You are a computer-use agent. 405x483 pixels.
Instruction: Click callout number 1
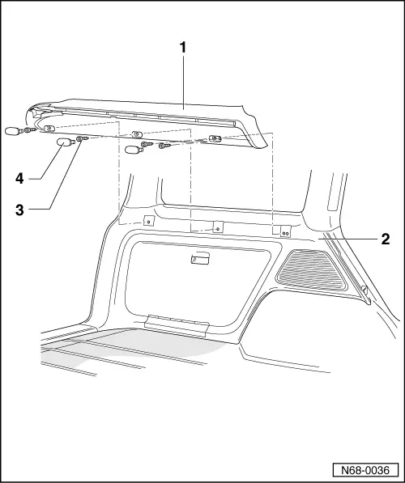pyautogui.click(x=184, y=48)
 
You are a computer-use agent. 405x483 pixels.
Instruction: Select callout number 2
pyautogui.click(x=386, y=239)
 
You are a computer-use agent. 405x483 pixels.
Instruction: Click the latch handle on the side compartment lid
pyautogui.click(x=198, y=260)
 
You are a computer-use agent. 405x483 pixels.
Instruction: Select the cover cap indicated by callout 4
pyautogui.click(x=64, y=143)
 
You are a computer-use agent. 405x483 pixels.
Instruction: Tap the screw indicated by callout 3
pyautogui.click(x=82, y=140)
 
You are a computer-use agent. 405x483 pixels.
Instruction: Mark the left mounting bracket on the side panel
pyautogui.click(x=148, y=221)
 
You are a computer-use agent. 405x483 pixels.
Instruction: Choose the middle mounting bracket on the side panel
pyautogui.click(x=217, y=227)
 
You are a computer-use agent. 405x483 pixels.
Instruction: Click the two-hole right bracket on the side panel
pyautogui.click(x=286, y=231)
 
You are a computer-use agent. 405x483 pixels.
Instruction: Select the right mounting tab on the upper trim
pyautogui.click(x=215, y=139)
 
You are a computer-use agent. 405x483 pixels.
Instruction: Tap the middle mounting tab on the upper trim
pyautogui.click(x=136, y=133)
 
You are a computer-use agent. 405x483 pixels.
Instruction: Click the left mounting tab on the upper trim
pyautogui.click(x=50, y=128)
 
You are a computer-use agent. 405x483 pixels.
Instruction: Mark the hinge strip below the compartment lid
pyautogui.click(x=177, y=324)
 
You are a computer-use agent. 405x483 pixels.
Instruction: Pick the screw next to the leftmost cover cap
pyautogui.click(x=29, y=129)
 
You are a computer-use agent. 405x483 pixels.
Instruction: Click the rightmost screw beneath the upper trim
pyautogui.click(x=165, y=146)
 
